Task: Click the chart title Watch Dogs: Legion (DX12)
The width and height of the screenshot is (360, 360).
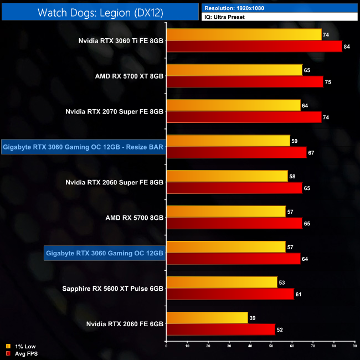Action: (100, 12)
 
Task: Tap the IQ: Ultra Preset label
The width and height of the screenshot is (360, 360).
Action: (225, 17)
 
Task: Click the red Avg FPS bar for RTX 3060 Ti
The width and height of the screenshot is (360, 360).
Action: (254, 46)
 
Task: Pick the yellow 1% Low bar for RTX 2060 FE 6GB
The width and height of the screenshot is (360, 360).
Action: (207, 318)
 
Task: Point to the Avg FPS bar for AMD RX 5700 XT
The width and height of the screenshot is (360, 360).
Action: (244, 81)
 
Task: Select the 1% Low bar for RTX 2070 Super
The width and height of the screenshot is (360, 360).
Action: (233, 105)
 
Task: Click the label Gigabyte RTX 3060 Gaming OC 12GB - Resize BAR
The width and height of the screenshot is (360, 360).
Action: (84, 147)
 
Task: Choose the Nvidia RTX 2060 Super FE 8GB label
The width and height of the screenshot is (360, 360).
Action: (115, 182)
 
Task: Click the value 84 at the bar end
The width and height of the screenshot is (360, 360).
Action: (347, 47)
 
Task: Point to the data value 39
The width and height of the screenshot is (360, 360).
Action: (253, 318)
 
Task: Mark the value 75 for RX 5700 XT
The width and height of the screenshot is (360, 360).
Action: (328, 82)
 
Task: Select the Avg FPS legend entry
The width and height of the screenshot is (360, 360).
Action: (22, 353)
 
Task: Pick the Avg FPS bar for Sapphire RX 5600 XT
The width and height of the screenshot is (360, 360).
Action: (230, 294)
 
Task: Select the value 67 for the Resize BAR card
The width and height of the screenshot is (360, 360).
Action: (311, 153)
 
